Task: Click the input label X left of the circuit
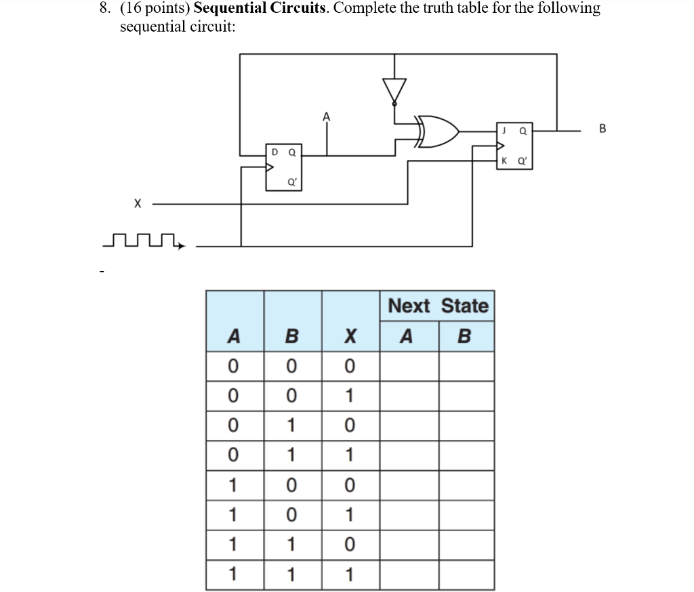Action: point(138,203)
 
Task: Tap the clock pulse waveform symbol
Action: point(143,240)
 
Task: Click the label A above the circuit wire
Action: point(327,117)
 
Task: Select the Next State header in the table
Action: point(438,306)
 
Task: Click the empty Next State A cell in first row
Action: point(408,366)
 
